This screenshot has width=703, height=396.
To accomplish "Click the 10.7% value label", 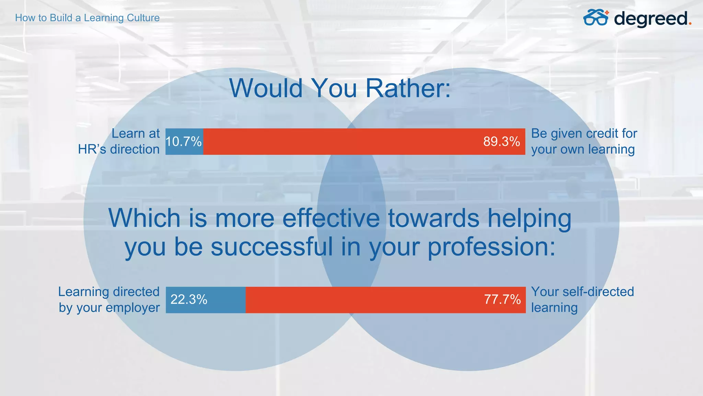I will (183, 142).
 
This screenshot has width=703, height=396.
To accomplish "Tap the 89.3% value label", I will (502, 142).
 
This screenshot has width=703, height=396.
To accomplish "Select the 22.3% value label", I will (189, 300).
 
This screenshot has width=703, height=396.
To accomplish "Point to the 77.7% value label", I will (502, 299).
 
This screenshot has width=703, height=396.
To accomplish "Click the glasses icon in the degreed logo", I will (596, 18).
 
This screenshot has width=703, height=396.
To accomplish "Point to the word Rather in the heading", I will (408, 88).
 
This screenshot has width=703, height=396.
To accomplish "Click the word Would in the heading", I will (266, 88).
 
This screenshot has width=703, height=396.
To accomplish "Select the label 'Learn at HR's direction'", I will (119, 141).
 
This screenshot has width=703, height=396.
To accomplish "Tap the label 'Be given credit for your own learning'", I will (584, 141).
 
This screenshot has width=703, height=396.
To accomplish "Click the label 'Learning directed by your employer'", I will (109, 299).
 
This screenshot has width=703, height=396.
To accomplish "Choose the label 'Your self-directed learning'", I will (582, 299).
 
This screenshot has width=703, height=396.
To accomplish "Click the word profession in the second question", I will (491, 247).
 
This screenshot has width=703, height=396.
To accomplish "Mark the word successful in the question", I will (272, 247).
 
